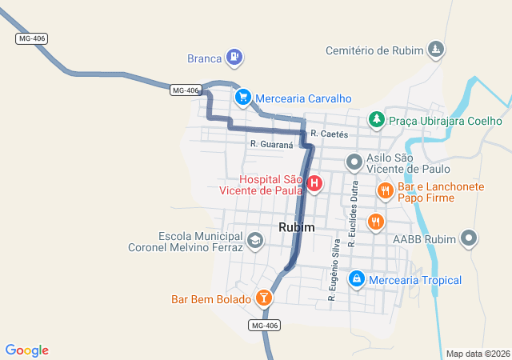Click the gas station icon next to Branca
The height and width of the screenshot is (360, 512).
pyautogui.click(x=234, y=57)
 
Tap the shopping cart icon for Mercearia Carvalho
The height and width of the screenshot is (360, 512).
pyautogui.click(x=242, y=97)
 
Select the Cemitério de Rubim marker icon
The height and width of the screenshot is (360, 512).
pyautogui.click(x=435, y=50)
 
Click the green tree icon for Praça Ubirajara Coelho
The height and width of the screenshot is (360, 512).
pyautogui.click(x=376, y=119)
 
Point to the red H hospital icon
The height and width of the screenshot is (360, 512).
pyautogui.click(x=315, y=183)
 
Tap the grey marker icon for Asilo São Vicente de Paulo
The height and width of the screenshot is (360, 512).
pyautogui.click(x=354, y=163)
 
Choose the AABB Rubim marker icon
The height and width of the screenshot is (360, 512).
pyautogui.click(x=470, y=238)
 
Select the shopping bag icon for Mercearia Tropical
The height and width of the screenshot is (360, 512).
pyautogui.click(x=357, y=279)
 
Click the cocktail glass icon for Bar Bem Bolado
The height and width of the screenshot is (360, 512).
pyautogui.click(x=263, y=299)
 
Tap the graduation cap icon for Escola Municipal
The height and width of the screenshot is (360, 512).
pyautogui.click(x=254, y=240)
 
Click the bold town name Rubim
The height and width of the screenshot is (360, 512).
pyautogui.click(x=297, y=228)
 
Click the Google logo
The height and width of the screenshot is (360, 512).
pyautogui.click(x=27, y=350)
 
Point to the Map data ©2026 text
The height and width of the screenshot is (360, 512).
pyautogui.click(x=478, y=354)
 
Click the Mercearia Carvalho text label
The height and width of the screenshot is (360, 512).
pyautogui.click(x=304, y=98)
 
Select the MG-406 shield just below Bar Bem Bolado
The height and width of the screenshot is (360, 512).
pyautogui.click(x=265, y=325)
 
